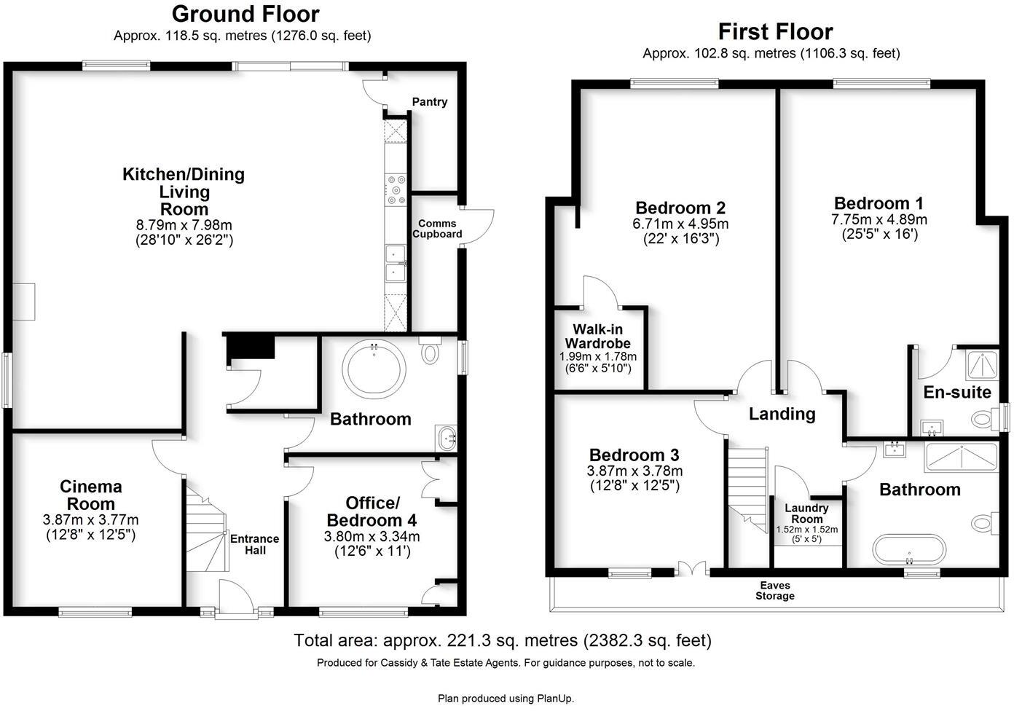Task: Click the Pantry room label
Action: (429, 102)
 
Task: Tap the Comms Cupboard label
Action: (437, 229)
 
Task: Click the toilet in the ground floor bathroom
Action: (431, 353)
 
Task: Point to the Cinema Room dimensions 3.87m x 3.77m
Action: (90, 520)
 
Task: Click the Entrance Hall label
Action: (254, 544)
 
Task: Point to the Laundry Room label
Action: (806, 514)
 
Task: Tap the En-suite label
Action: (956, 393)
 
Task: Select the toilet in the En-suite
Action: (983, 419)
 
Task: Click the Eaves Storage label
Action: (774, 591)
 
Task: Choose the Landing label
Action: (782, 414)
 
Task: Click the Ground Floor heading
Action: (245, 14)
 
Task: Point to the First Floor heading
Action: (775, 31)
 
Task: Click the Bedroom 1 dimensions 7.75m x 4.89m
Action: (879, 219)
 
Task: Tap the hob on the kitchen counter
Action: (397, 189)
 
